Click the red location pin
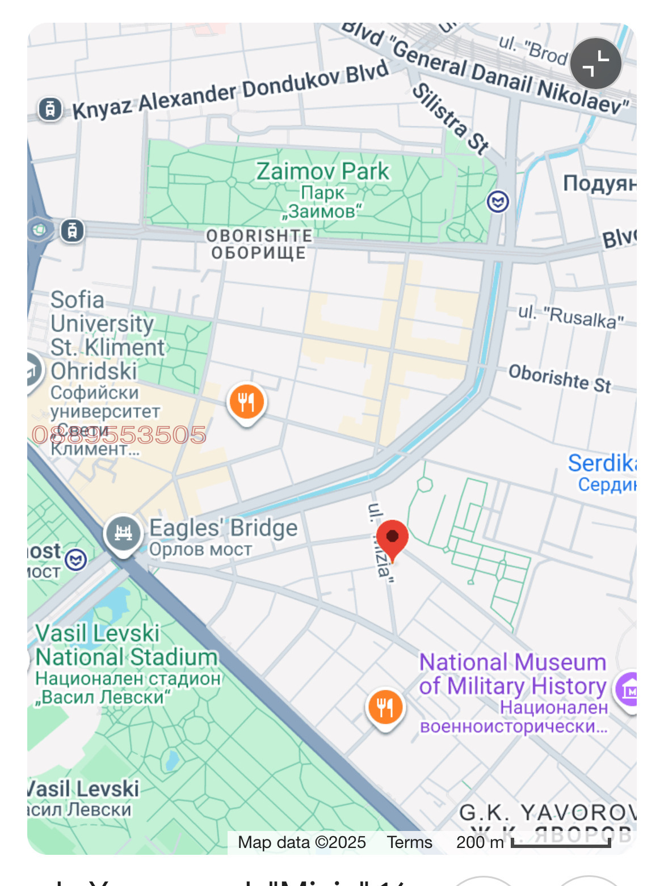(392, 538)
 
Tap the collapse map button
(595, 64)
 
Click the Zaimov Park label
(322, 171)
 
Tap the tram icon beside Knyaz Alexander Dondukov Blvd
(50, 108)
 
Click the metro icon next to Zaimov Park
(498, 201)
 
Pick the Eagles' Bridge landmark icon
(123, 533)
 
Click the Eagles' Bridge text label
(223, 528)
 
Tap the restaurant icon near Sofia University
(246, 402)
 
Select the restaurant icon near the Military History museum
(385, 707)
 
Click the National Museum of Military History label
(512, 674)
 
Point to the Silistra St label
(451, 119)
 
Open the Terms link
(409, 842)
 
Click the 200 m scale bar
(560, 843)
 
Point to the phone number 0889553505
(119, 435)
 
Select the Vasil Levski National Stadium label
(127, 645)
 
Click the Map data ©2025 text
(302, 842)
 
